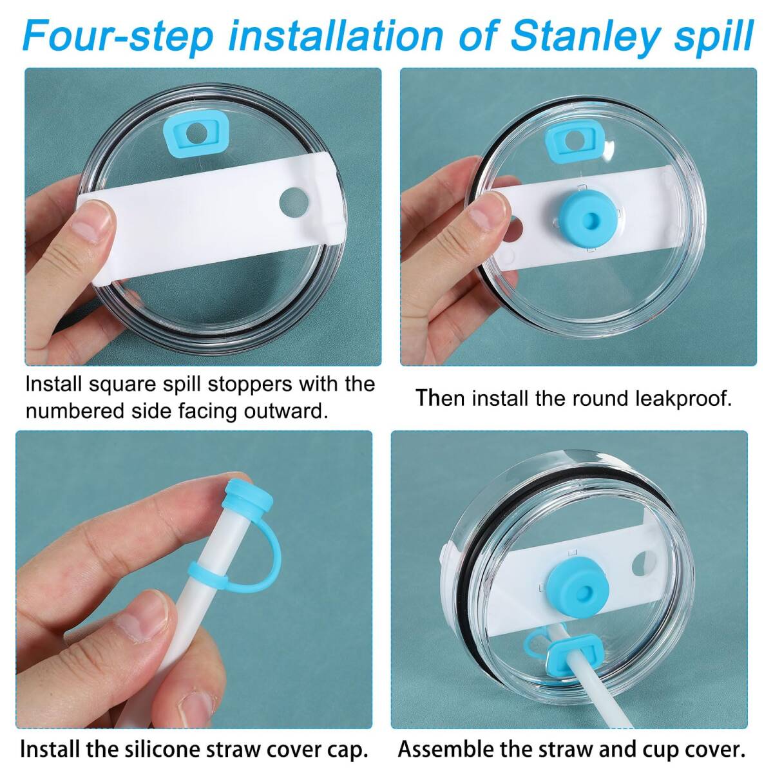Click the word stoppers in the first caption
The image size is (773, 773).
(x=249, y=386)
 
